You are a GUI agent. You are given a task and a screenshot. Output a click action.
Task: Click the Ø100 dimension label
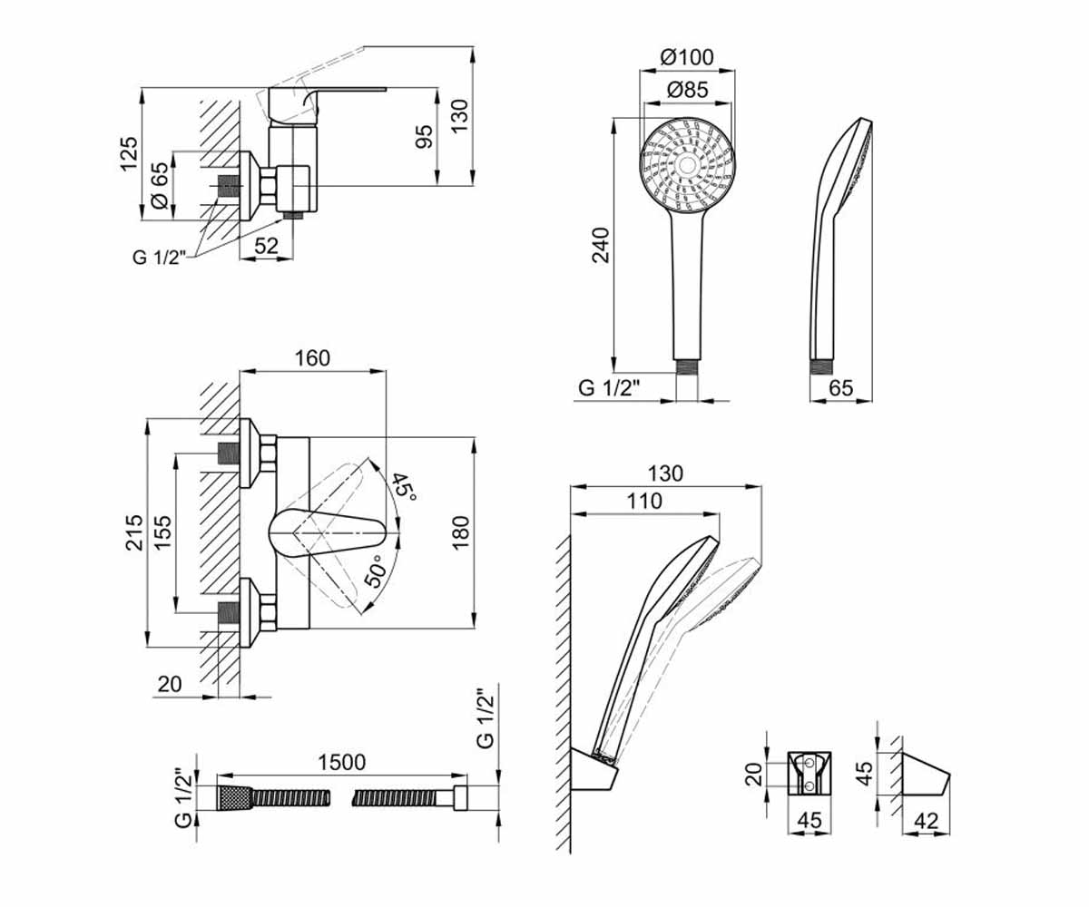[687, 57]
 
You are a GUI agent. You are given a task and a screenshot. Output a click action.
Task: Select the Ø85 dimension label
[687, 90]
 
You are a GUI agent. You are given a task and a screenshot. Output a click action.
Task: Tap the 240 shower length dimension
[601, 245]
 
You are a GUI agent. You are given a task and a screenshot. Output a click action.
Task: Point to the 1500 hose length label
[341, 762]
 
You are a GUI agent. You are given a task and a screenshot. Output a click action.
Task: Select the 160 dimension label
[312, 358]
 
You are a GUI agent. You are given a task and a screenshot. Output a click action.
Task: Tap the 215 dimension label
[134, 532]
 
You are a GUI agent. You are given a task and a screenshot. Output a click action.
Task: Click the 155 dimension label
[162, 532]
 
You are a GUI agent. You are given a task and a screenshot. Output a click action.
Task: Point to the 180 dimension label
[461, 532]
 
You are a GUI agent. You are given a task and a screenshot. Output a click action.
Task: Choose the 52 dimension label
[267, 246]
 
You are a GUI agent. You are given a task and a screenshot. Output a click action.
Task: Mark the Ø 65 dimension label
[160, 186]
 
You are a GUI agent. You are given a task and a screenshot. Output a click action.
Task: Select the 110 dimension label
[644, 501]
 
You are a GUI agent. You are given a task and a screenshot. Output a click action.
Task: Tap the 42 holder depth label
[926, 822]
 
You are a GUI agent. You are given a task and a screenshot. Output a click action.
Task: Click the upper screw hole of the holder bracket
[809, 763]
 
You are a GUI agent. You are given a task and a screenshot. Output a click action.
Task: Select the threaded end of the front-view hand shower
[686, 366]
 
